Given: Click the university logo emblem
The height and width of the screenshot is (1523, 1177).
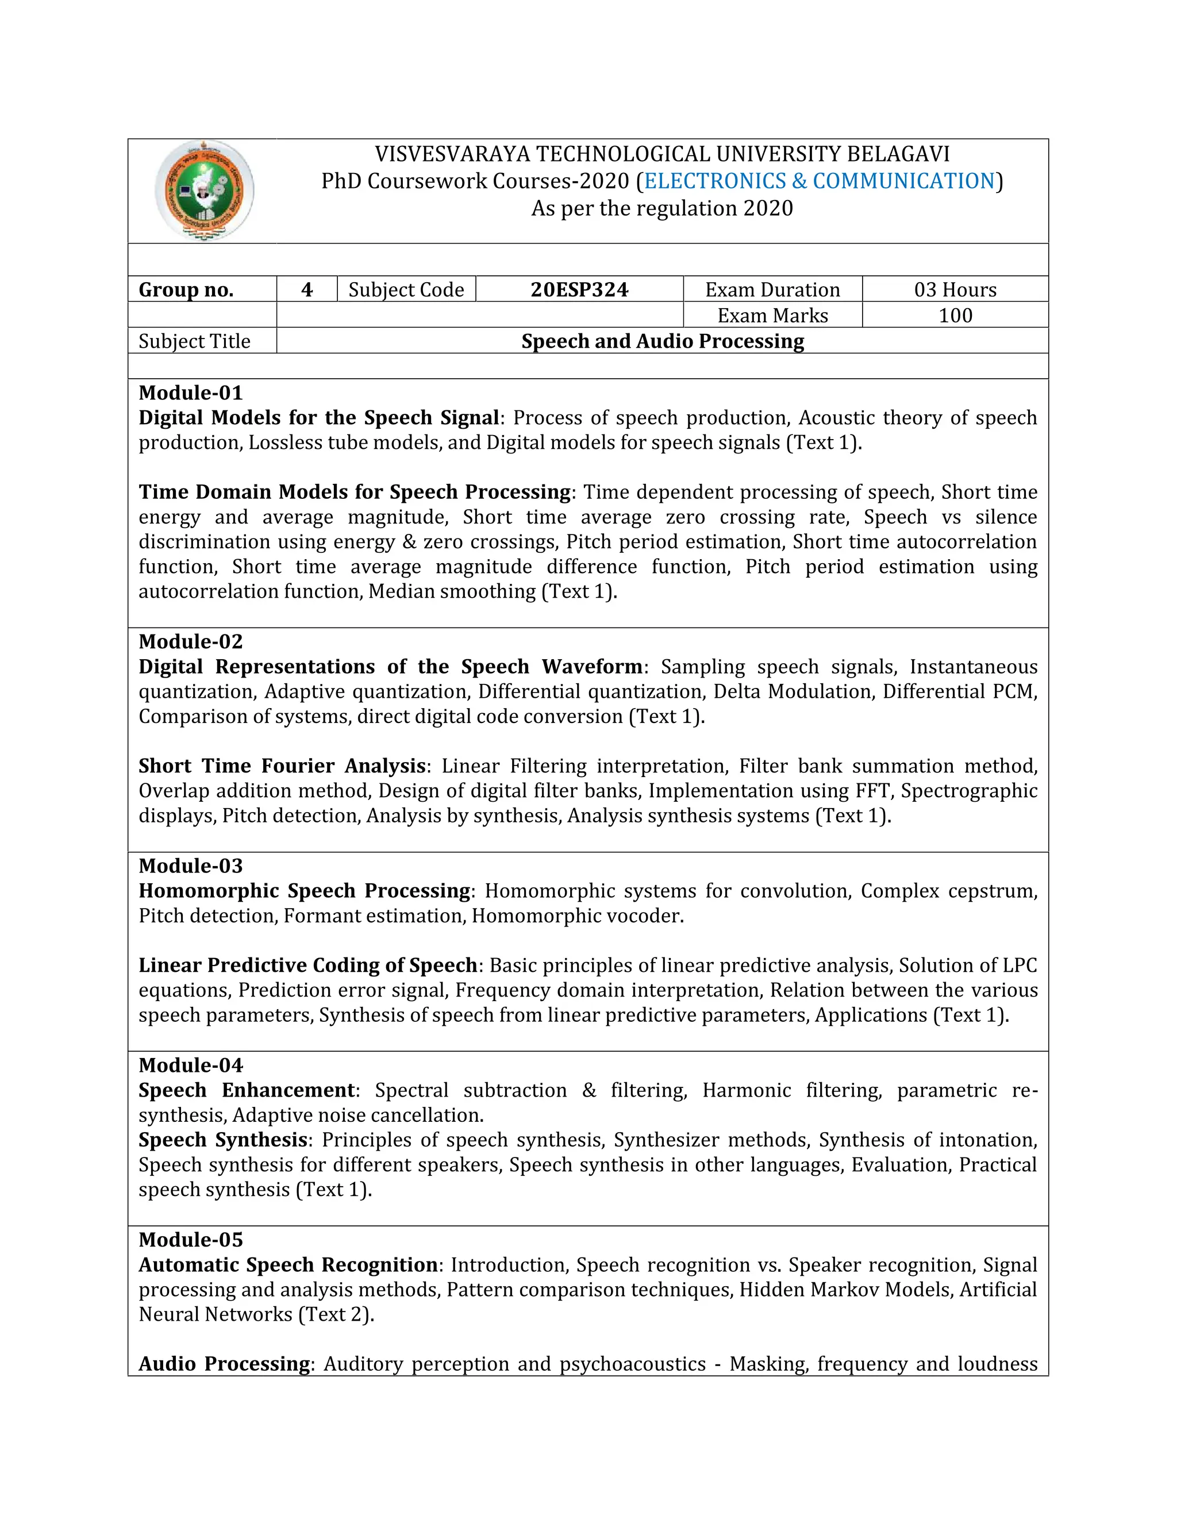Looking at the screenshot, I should click(203, 191).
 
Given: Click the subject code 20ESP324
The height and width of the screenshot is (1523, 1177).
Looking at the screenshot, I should click(579, 290).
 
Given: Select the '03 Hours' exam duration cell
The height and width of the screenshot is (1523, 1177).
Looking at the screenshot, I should click(955, 290).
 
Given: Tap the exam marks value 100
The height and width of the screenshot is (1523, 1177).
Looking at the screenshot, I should click(955, 315).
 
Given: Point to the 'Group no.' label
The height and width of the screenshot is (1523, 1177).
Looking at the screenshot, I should click(186, 290).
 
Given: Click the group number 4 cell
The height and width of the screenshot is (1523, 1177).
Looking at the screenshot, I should click(307, 290).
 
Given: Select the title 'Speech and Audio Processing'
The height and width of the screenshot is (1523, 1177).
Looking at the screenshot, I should click(663, 341).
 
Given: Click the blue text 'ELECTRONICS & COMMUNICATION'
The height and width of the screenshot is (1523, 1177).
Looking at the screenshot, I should click(820, 181).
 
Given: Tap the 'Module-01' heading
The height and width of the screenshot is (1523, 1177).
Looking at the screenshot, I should click(190, 393).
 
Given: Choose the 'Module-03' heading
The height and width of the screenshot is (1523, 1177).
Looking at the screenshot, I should click(190, 866).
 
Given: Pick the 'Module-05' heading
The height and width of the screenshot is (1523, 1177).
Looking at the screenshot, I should click(190, 1240).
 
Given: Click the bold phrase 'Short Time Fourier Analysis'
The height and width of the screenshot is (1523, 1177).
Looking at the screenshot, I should click(282, 766).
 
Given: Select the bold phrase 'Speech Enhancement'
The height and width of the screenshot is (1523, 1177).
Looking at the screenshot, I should click(247, 1090).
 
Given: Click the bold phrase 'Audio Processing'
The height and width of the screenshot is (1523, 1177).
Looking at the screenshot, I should click(224, 1364).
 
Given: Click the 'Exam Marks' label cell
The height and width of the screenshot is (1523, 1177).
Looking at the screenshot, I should click(772, 315).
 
